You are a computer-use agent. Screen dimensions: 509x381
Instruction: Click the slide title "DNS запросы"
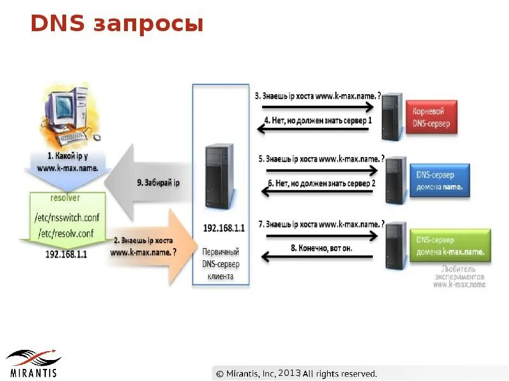tap(117, 24)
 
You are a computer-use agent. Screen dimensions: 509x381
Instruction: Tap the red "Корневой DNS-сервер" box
tap(433, 116)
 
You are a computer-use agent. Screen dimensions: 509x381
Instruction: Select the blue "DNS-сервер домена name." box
tap(440, 180)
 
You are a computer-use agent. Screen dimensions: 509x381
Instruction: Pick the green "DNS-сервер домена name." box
tap(450, 246)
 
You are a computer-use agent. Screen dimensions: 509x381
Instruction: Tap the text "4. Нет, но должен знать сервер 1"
tap(317, 120)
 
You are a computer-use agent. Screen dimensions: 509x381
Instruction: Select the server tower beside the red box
tap(392, 116)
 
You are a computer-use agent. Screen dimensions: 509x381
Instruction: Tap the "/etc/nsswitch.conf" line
tap(66, 218)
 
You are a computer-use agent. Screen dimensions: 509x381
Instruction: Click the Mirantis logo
tap(33, 363)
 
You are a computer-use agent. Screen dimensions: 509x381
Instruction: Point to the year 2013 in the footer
tap(289, 373)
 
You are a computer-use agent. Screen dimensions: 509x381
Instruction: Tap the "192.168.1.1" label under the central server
tap(220, 227)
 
